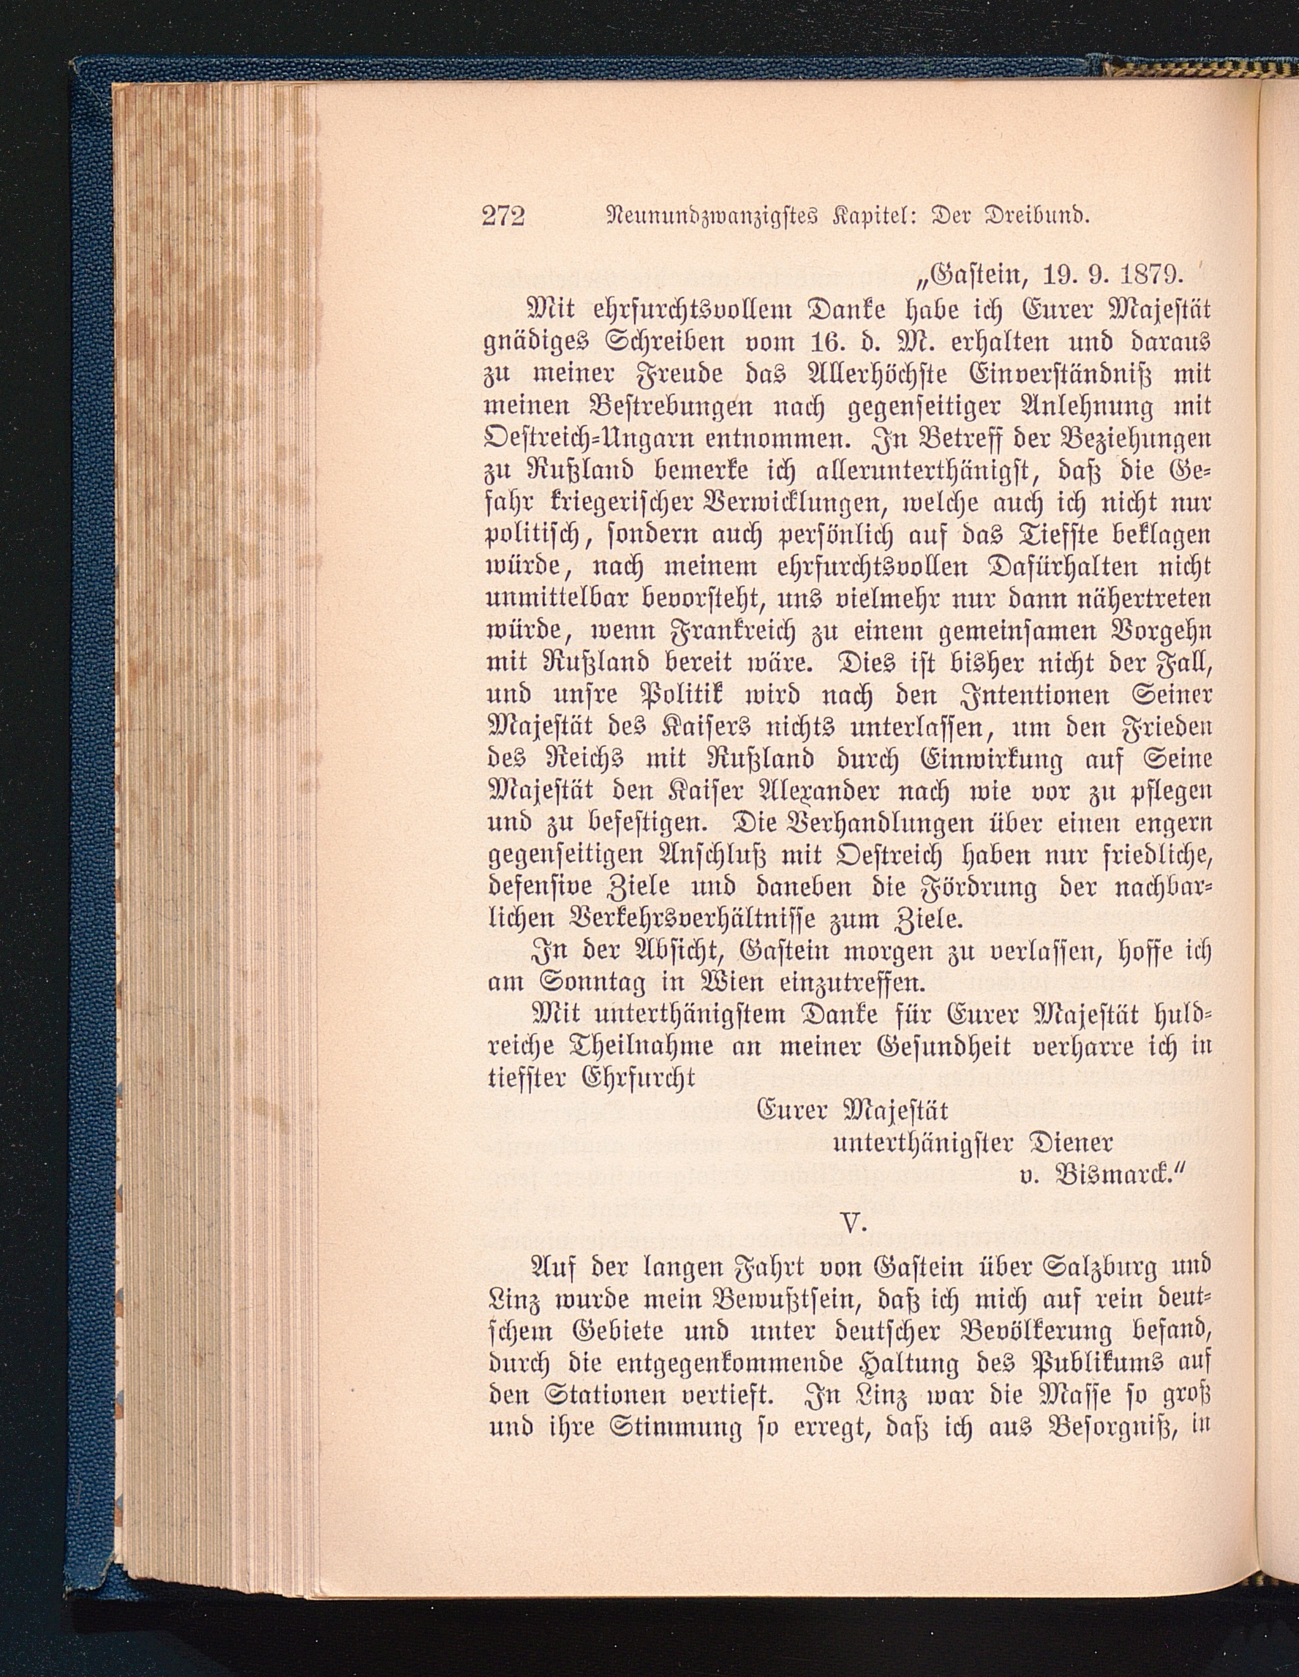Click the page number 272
click(504, 217)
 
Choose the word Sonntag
click(565, 983)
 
